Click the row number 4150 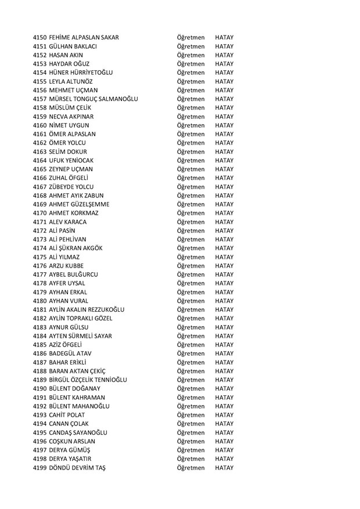coord(41,38)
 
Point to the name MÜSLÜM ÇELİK coord(73,107)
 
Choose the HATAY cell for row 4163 coord(224,151)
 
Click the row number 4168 coord(41,195)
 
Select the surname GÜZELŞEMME coord(88,204)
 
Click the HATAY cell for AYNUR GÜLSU coord(224,327)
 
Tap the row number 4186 coord(41,353)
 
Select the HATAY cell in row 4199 coord(224,467)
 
